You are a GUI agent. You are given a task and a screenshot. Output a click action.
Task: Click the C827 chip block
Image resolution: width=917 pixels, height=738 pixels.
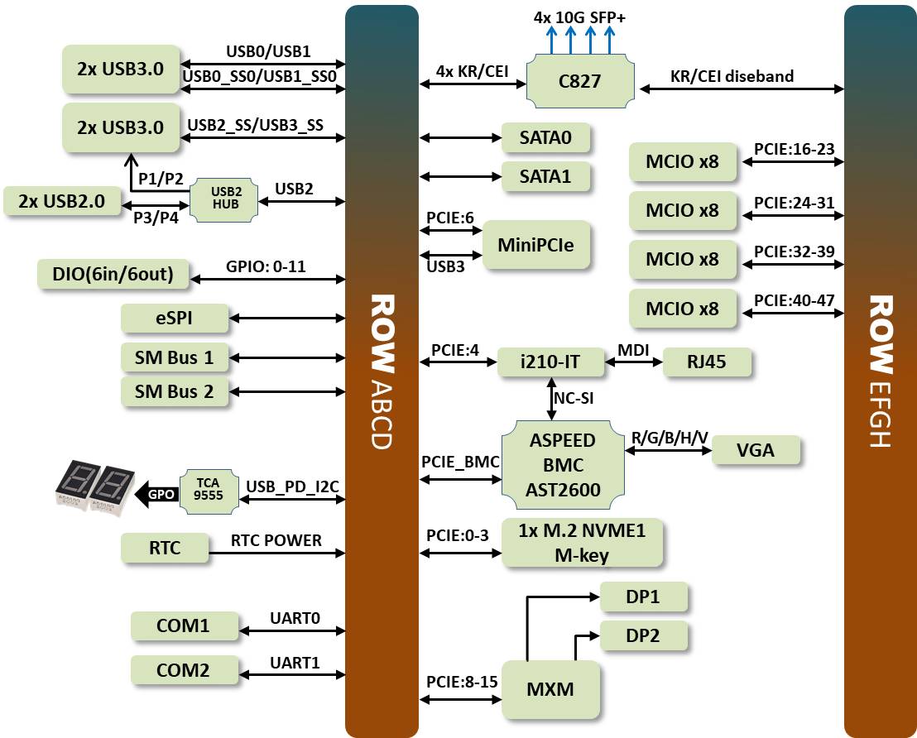pyautogui.click(x=581, y=81)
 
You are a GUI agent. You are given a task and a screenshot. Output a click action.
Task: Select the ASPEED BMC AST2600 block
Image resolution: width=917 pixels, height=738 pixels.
pyautogui.click(x=562, y=465)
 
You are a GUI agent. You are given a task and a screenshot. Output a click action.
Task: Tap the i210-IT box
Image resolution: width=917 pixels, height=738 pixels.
pyautogui.click(x=550, y=362)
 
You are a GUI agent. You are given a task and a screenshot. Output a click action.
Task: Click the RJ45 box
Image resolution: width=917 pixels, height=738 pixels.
pyautogui.click(x=708, y=362)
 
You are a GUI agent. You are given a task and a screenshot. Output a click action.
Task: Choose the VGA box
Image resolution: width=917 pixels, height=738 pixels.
pyautogui.click(x=755, y=449)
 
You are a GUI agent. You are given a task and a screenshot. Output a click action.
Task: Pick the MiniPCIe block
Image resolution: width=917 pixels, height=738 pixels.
pyautogui.click(x=535, y=245)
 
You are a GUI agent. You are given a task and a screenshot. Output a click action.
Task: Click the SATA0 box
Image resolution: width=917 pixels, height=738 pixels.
pyautogui.click(x=545, y=137)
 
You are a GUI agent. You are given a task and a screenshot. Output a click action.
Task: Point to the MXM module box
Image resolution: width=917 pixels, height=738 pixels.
pyautogui.click(x=550, y=688)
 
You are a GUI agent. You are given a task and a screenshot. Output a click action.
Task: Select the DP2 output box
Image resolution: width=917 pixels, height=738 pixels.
pyautogui.click(x=643, y=635)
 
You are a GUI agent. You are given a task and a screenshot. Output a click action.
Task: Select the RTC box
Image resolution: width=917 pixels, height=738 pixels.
pyautogui.click(x=165, y=548)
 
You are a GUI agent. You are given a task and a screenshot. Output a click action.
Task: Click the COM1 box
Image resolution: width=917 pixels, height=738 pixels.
pyautogui.click(x=183, y=625)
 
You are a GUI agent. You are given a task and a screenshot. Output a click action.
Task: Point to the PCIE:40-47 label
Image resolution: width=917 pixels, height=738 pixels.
pyautogui.click(x=794, y=300)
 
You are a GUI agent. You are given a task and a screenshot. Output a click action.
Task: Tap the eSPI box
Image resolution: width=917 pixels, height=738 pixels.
pyautogui.click(x=162, y=317)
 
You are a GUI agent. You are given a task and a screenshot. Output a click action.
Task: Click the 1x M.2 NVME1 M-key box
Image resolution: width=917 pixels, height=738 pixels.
pyautogui.click(x=581, y=543)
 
